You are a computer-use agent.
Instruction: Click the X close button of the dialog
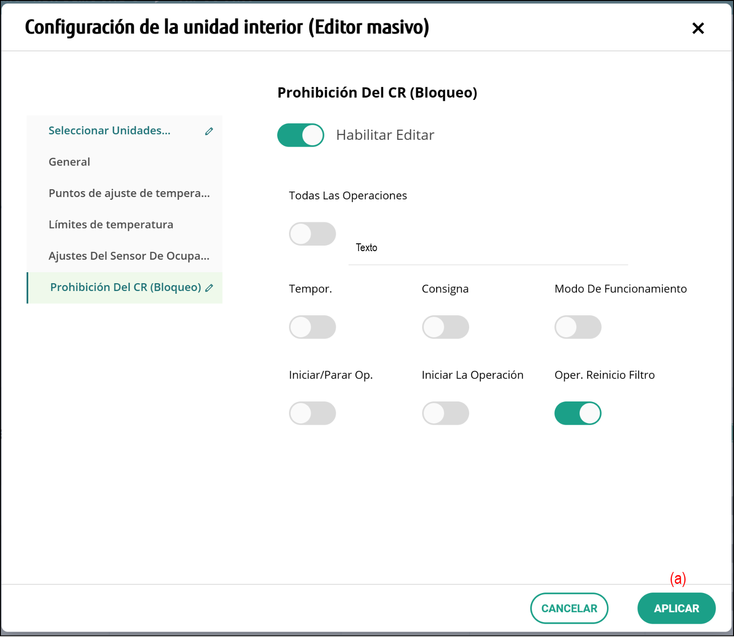(698, 28)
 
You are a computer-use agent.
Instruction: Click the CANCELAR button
(569, 608)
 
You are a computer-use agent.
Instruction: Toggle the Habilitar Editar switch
(301, 135)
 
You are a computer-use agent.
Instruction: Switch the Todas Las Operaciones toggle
(312, 234)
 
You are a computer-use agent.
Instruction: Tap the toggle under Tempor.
(312, 327)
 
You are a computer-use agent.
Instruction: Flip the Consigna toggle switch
(445, 327)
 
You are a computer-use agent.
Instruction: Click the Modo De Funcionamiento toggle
(578, 327)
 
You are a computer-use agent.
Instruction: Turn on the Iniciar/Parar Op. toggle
(312, 413)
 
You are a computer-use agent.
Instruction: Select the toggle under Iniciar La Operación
(445, 413)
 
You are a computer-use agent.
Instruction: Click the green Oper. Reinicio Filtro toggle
(578, 413)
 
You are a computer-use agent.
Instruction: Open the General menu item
(69, 162)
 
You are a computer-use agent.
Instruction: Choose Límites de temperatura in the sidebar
(111, 225)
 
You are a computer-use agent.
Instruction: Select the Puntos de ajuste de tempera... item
(129, 193)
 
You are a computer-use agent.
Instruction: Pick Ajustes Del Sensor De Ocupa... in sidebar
(129, 256)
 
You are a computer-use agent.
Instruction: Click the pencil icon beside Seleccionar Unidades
(209, 132)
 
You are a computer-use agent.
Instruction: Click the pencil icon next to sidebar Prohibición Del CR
(209, 288)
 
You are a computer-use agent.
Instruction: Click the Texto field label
(367, 247)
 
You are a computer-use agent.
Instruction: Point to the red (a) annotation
(678, 578)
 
